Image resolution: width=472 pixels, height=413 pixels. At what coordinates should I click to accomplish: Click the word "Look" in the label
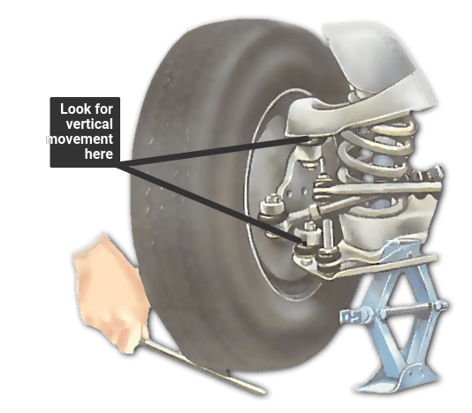coord(74,109)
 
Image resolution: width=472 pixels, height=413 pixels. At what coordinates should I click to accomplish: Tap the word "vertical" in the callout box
coord(89,124)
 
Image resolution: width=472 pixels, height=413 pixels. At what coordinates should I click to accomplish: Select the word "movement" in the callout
coord(80,139)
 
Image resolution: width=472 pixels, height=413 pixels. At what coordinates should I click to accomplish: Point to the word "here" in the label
coord(99,154)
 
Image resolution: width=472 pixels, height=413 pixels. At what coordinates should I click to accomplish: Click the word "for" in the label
coord(103,109)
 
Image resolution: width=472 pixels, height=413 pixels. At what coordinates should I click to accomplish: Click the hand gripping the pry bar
coord(110,293)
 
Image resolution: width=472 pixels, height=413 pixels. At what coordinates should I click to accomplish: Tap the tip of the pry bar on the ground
coord(263,392)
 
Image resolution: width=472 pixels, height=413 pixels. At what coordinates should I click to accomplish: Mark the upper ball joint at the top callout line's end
coord(312,139)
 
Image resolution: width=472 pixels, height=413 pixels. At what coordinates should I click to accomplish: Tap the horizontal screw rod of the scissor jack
coord(400,312)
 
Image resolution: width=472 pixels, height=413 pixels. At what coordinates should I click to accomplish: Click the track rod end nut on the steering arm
coord(272,205)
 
